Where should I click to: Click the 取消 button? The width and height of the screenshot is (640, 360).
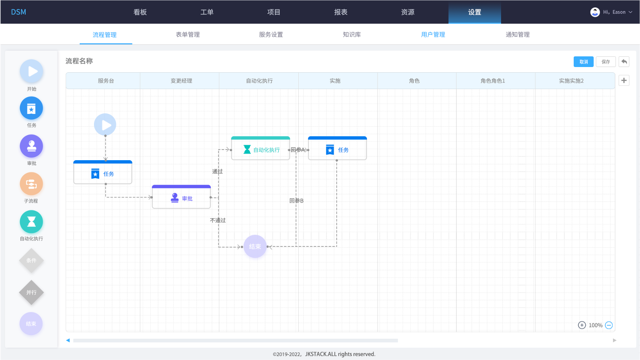tap(584, 62)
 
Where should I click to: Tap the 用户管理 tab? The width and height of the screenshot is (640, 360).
tap(433, 35)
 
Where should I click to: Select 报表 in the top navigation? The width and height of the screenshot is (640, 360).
tap(341, 12)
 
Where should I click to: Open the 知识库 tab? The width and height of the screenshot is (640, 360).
tap(352, 35)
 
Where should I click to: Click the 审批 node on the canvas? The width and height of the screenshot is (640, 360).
tap(181, 197)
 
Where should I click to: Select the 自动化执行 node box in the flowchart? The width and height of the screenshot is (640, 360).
tap(261, 148)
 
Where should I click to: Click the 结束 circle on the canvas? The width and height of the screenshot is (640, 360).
tap(255, 246)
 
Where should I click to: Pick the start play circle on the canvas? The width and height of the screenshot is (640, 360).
tap(105, 125)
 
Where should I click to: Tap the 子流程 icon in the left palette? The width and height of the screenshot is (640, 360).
tap(31, 184)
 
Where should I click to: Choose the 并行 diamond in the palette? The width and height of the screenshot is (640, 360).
tap(31, 292)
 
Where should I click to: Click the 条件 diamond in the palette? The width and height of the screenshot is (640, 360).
tap(31, 260)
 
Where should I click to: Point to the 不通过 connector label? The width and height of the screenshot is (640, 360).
tap(218, 220)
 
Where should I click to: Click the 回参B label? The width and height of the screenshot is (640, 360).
tap(296, 201)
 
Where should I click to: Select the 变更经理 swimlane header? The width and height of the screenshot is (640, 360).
tap(181, 81)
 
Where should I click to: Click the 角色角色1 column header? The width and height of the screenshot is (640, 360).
tap(492, 81)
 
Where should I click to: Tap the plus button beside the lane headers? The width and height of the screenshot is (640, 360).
tap(624, 80)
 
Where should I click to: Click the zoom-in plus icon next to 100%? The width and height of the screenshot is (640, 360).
tap(582, 325)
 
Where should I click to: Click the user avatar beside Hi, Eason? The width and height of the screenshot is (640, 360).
tap(595, 12)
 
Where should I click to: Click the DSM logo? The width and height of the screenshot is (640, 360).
tap(18, 12)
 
